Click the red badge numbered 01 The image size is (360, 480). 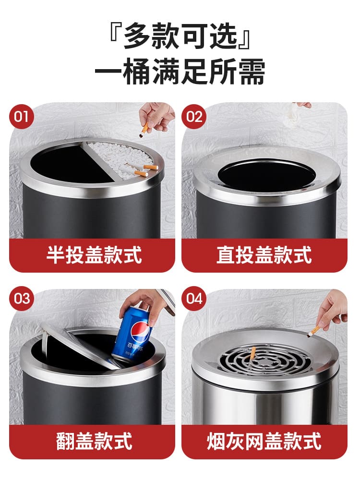coord(22,117)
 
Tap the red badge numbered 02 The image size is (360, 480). coord(194,117)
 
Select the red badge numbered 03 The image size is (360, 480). coord(22,299)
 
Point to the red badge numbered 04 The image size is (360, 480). coord(194,299)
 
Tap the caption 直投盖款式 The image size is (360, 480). coord(264,255)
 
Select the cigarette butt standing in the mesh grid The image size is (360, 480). coord(253,354)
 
